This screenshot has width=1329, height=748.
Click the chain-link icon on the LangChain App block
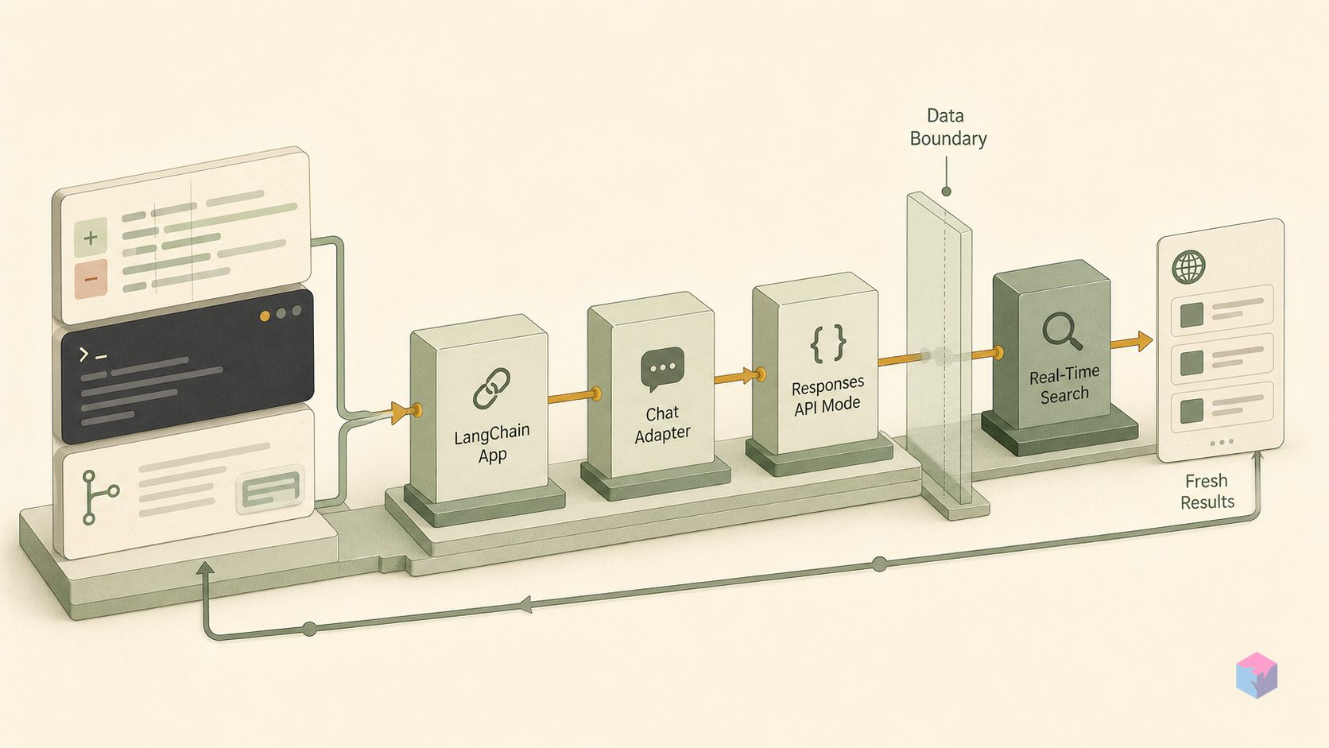click(492, 389)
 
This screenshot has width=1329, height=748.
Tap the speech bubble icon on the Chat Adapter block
click(662, 368)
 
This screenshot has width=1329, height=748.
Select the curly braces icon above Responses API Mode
click(828, 343)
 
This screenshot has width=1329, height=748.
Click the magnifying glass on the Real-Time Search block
click(1062, 331)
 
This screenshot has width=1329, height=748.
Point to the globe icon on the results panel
click(1188, 267)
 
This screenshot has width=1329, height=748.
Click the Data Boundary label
click(947, 127)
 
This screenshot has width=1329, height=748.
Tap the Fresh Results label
click(1207, 491)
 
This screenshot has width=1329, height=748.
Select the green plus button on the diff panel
click(91, 238)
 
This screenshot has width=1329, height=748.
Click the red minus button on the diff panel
click(91, 278)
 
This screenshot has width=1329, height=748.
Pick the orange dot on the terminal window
click(265, 316)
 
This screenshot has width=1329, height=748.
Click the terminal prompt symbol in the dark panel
click(92, 355)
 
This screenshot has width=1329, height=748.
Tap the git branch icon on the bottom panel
click(99, 497)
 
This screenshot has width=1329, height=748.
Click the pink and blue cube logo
click(1257, 675)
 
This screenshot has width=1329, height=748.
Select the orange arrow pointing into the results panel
click(1131, 342)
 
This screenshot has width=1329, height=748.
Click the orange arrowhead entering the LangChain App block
click(401, 413)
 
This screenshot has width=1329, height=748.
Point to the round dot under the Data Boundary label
click(947, 191)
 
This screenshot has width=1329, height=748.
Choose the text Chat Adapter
click(662, 424)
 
